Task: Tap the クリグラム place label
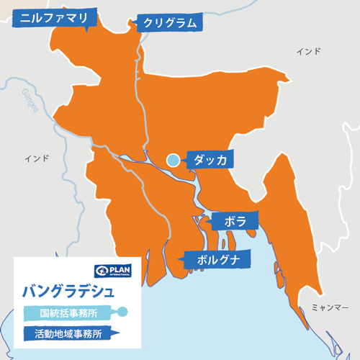click(x=168, y=23)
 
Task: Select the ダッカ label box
click(x=209, y=160)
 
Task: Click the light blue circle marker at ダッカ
click(x=173, y=160)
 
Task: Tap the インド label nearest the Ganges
click(x=37, y=158)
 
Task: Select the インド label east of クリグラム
click(x=309, y=52)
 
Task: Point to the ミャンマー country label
click(x=330, y=307)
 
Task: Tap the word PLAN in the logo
click(x=120, y=269)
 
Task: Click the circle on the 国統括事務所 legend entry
click(x=122, y=312)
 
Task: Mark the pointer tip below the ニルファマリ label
click(x=86, y=32)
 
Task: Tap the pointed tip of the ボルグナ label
click(x=177, y=258)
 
